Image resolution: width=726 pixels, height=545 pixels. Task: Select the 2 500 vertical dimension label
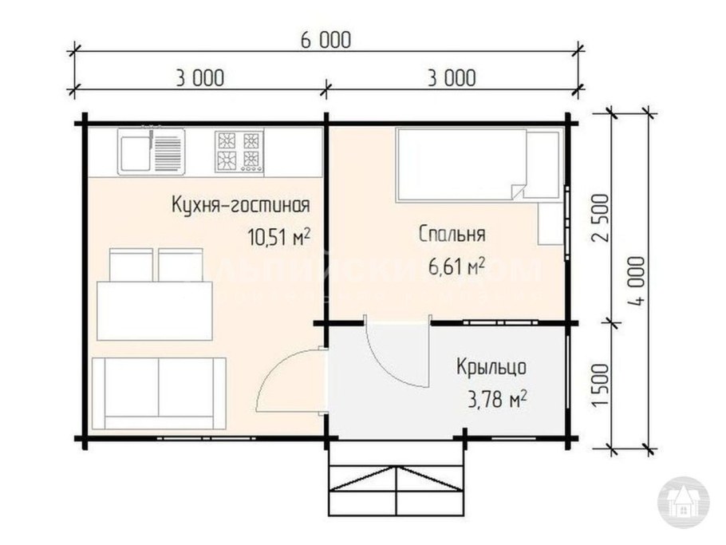(x=604, y=217)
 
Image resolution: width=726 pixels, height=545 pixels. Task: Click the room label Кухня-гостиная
(x=240, y=206)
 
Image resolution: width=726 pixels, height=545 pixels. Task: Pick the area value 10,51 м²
(x=279, y=237)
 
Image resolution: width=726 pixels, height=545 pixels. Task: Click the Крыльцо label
(x=491, y=368)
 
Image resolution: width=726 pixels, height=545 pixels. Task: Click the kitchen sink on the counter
(x=152, y=152)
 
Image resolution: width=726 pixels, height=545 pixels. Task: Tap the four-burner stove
(x=238, y=152)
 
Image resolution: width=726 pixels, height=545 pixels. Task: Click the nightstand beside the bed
(x=550, y=223)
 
